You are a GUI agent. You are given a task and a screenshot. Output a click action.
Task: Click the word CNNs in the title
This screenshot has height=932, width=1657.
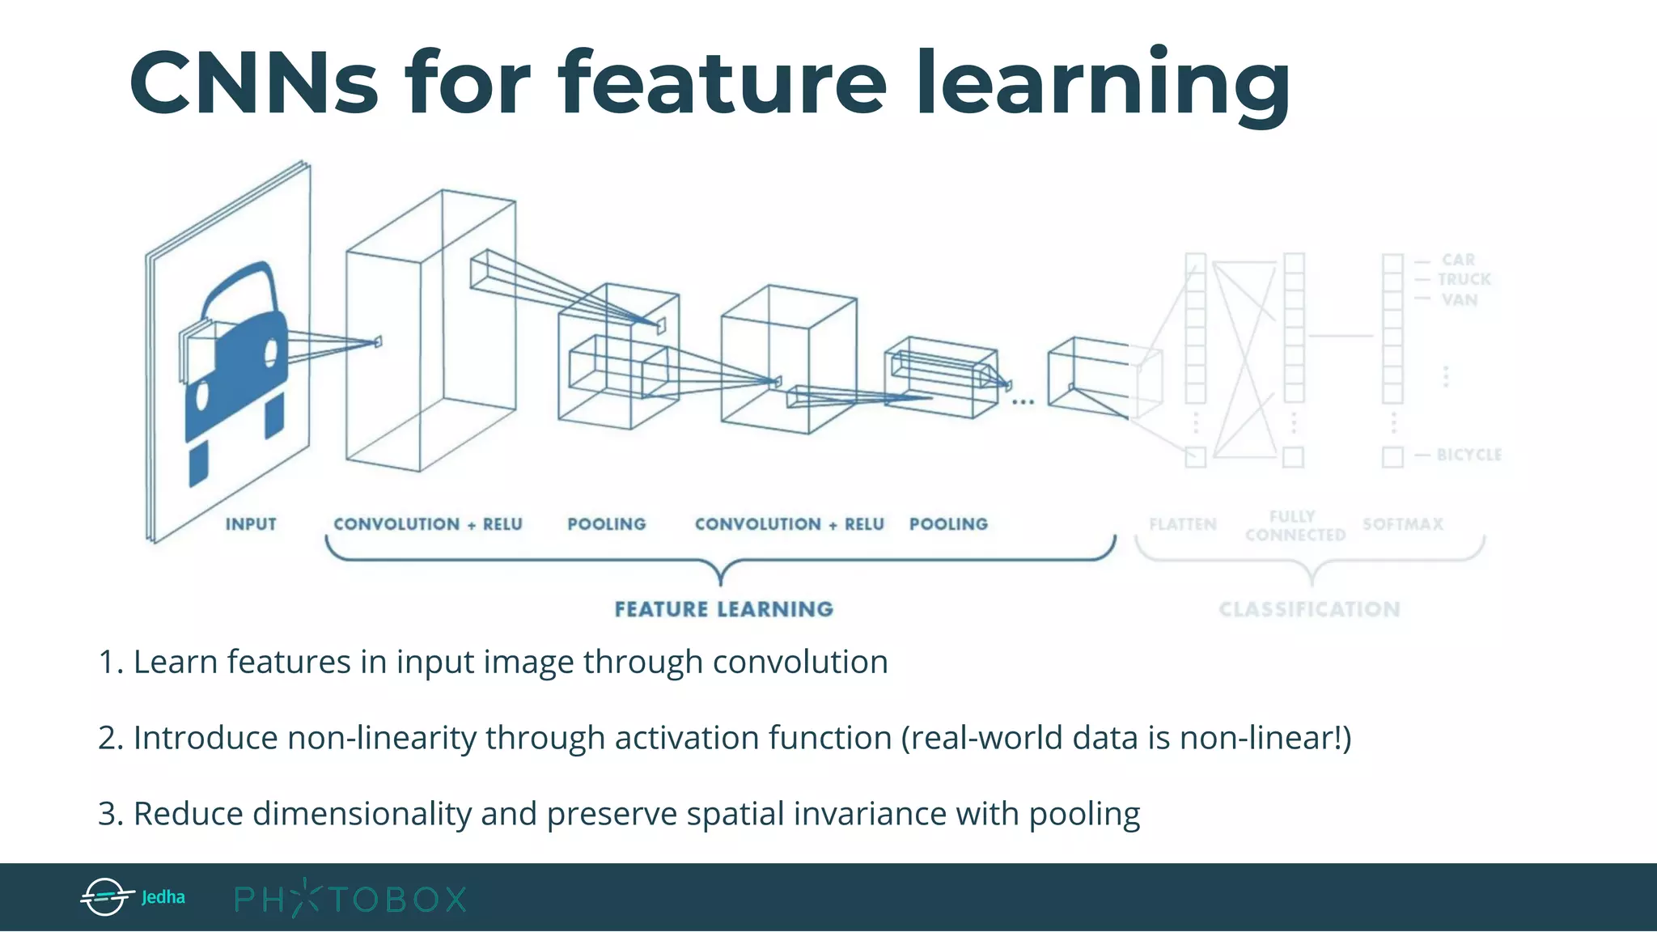(x=253, y=83)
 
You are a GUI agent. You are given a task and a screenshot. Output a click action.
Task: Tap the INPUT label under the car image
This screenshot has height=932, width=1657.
(x=251, y=524)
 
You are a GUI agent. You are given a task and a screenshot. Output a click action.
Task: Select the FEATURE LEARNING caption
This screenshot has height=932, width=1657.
(x=723, y=609)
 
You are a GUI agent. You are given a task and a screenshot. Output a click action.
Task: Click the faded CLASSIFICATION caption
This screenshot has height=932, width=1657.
(x=1309, y=609)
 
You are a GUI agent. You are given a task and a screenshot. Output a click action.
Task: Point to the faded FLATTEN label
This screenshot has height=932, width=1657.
(x=1183, y=524)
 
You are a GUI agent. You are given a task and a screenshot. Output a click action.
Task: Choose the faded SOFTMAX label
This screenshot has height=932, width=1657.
(x=1403, y=524)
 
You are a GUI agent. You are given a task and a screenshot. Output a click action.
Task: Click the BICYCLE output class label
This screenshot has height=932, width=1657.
(x=1468, y=455)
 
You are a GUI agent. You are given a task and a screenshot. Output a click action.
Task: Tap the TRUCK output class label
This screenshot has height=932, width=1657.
(x=1464, y=279)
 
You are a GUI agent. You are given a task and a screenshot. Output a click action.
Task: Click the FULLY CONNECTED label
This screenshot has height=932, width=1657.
(x=1295, y=526)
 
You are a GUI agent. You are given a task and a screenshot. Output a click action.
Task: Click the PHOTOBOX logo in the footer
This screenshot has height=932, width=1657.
(x=350, y=898)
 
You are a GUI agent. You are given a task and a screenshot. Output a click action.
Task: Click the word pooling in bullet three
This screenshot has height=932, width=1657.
(x=1084, y=814)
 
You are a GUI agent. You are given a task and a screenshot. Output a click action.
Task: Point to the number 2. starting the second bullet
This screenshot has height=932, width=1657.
(x=111, y=738)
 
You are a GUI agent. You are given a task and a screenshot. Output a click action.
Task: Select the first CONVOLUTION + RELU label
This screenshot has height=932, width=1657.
(x=428, y=524)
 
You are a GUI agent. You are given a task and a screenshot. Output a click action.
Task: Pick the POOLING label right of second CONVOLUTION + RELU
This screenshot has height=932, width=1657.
(x=948, y=524)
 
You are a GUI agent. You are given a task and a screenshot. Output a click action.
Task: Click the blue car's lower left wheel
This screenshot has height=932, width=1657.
(x=198, y=465)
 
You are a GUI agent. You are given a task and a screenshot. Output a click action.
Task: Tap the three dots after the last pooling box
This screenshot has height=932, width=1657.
(x=1023, y=401)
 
